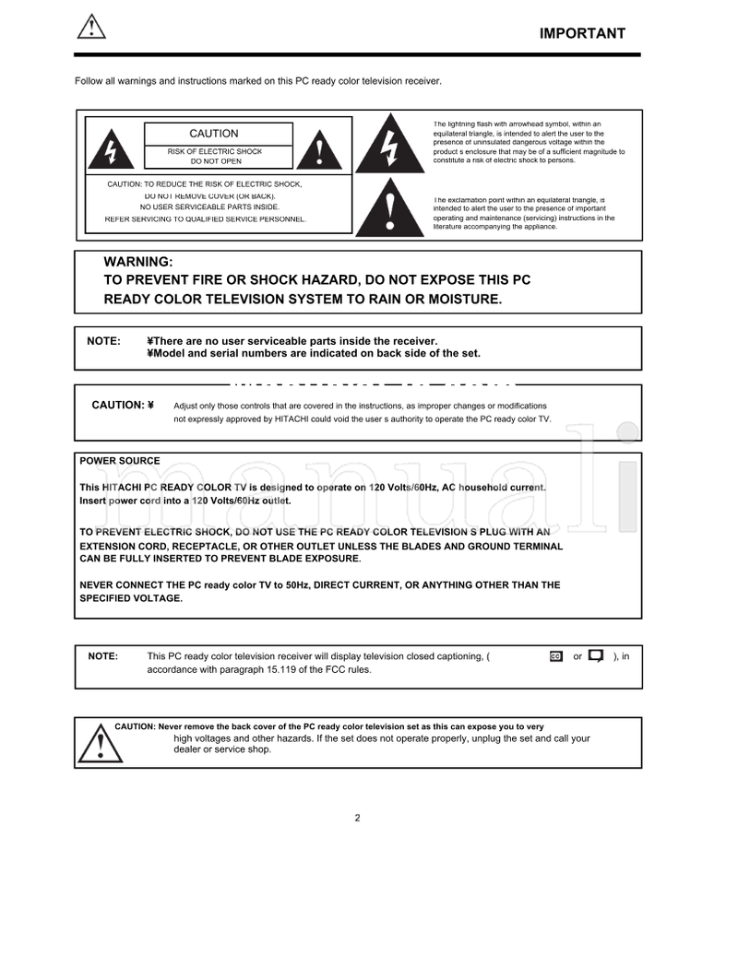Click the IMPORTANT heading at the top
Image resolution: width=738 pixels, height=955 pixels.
582,34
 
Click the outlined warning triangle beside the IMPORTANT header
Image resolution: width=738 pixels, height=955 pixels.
90,28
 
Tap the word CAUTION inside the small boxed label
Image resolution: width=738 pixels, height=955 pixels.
213,134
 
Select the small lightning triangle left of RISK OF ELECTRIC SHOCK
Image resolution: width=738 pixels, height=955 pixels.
111,149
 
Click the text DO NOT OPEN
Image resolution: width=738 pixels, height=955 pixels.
216,161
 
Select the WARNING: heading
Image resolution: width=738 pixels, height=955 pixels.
137,263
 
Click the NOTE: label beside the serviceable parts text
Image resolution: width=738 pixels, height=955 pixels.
103,341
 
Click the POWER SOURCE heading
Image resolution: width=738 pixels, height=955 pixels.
119,461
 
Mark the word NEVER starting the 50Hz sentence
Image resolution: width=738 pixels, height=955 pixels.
98,585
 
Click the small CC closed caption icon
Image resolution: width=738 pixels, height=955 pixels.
555,656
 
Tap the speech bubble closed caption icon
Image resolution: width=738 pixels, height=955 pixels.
596,656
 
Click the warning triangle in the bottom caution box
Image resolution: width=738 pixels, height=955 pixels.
94,744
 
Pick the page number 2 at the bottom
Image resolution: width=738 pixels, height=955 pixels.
357,818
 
